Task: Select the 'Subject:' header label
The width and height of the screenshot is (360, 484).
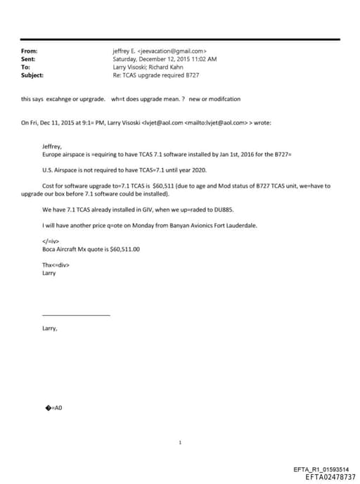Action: click(33, 75)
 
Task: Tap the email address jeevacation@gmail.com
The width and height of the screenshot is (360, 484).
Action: click(173, 51)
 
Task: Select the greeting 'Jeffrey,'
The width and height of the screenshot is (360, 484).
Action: click(53, 146)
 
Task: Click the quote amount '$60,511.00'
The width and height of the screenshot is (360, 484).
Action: click(124, 249)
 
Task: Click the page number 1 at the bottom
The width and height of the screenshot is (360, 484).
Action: click(181, 442)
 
